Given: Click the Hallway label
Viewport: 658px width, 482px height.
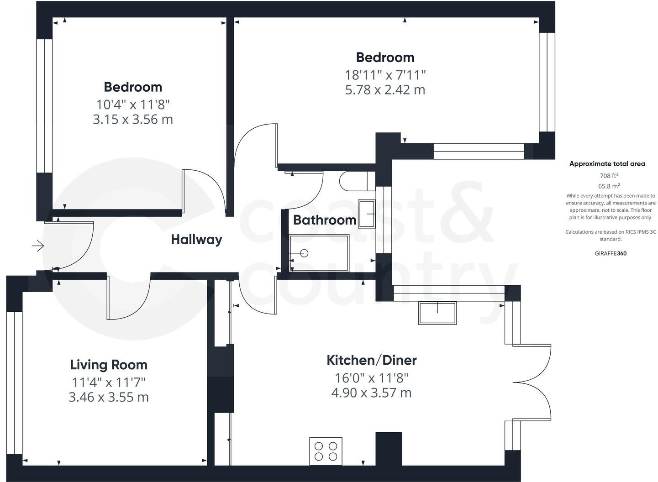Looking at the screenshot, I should [196, 240].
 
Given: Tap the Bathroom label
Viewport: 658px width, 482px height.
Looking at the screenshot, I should [324, 220].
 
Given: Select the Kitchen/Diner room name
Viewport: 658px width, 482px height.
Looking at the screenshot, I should [371, 360].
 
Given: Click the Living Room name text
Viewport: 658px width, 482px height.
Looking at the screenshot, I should [109, 365].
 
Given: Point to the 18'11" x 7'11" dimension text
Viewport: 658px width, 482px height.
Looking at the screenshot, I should [385, 74].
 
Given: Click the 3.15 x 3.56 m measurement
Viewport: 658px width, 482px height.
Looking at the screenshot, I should [133, 120].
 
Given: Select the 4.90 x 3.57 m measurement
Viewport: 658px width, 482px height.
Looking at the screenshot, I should [371, 393].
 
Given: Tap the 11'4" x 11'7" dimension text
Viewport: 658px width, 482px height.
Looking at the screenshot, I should [109, 382].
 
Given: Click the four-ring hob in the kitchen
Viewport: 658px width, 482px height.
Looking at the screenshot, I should [326, 451].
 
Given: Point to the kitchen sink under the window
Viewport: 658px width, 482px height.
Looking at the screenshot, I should [437, 313].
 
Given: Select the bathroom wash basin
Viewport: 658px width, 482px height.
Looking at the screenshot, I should [367, 213].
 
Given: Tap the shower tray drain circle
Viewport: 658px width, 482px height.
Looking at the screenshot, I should [304, 253].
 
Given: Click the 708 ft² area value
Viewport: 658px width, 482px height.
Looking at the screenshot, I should [609, 175].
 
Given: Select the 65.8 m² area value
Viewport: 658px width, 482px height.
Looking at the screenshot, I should [609, 186].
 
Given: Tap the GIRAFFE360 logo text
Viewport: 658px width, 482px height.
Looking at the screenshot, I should [611, 253].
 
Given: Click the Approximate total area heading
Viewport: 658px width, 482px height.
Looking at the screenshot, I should [607, 164].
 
